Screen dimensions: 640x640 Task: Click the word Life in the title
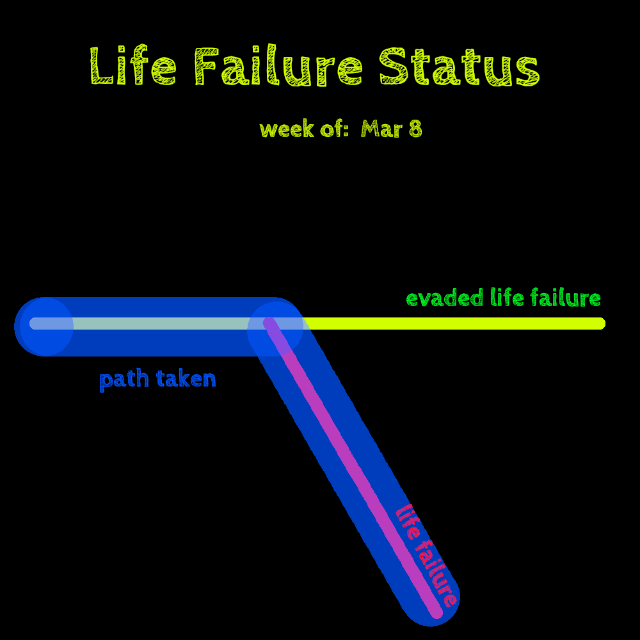133,67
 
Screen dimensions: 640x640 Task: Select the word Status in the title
460,67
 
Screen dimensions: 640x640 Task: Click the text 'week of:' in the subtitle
305,129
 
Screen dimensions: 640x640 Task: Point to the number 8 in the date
415,129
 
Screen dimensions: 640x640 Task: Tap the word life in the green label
506,298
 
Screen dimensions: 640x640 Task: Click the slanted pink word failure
436,573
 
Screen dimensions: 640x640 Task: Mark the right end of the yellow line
601,323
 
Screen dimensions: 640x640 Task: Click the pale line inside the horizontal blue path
160,323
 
